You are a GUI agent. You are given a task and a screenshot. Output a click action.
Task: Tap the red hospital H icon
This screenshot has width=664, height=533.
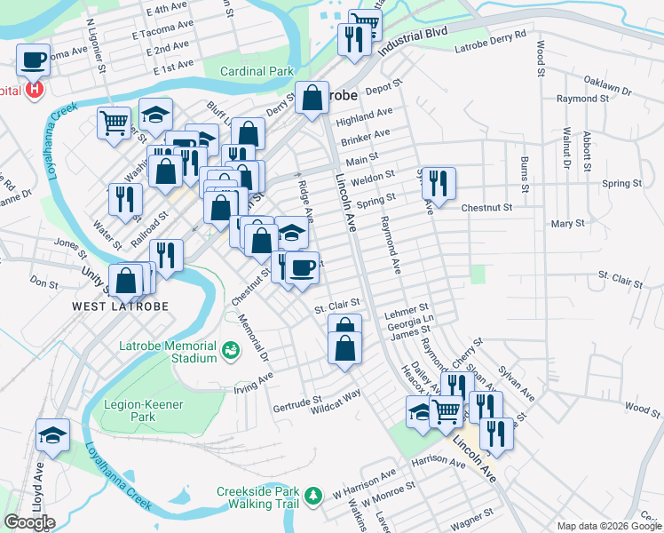tap(35, 90)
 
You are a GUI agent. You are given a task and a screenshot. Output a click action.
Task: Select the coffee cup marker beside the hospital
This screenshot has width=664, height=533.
tap(34, 60)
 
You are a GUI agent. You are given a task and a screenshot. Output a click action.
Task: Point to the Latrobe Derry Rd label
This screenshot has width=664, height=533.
tap(490, 44)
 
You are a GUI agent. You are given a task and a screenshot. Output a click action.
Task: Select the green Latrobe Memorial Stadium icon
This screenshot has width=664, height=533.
tap(231, 351)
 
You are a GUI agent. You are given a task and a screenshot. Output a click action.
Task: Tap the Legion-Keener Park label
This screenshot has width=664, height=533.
tap(143, 410)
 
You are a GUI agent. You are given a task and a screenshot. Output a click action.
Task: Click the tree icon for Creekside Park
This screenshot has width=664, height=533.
tap(312, 495)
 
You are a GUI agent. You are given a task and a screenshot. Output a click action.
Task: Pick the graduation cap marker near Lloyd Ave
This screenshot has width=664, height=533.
tap(52, 435)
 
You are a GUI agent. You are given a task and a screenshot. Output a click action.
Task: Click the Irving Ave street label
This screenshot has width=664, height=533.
tap(252, 383)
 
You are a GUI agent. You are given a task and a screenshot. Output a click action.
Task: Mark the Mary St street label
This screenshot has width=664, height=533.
tap(567, 225)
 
